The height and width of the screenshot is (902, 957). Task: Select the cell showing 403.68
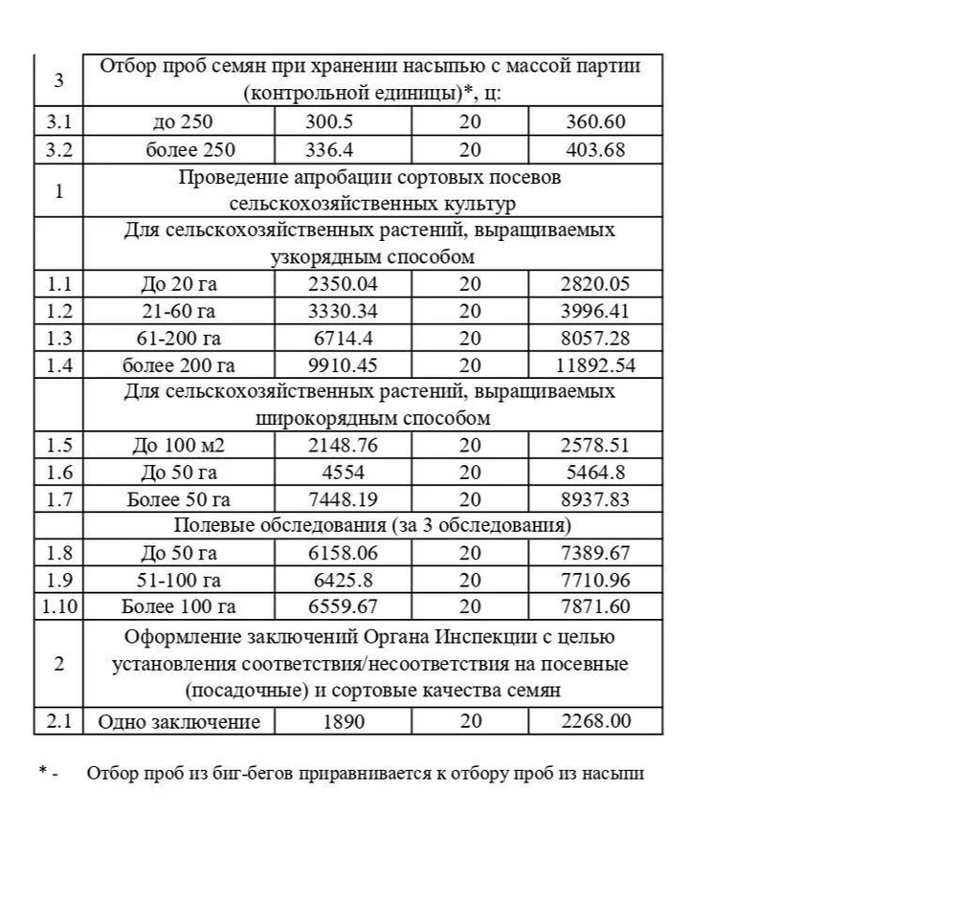(x=595, y=150)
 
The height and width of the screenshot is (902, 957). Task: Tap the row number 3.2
(x=58, y=150)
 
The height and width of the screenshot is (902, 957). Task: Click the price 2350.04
(x=343, y=284)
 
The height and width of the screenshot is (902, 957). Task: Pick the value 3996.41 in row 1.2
(x=595, y=311)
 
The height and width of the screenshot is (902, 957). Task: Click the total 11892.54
(x=595, y=364)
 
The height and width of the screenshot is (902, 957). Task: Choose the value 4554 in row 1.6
(x=343, y=472)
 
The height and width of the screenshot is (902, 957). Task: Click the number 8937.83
(x=595, y=498)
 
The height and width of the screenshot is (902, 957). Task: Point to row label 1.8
(x=58, y=553)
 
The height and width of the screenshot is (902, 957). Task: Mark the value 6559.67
(x=343, y=606)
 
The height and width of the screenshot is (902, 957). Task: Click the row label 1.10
(x=58, y=606)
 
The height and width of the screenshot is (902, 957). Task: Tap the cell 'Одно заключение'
(x=179, y=721)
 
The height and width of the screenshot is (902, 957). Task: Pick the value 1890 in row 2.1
(x=343, y=721)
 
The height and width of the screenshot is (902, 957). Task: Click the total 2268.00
(x=595, y=721)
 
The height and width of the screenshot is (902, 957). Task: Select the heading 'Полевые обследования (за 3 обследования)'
(x=372, y=525)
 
